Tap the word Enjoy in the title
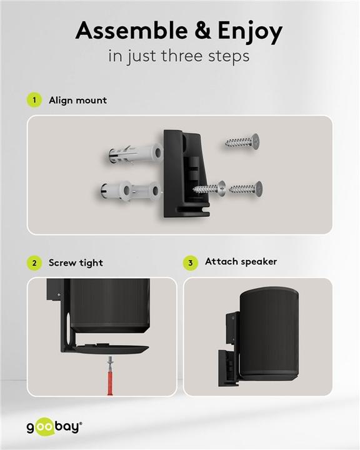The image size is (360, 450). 250,32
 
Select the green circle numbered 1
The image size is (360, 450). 34,100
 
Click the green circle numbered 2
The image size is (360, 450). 34,263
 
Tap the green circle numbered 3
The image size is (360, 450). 191,262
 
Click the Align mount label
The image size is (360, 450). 77,100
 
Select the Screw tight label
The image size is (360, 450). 76,263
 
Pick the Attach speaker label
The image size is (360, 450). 241,262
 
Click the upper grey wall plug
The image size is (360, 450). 134,154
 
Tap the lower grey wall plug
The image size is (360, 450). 129,191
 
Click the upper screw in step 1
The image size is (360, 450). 242,141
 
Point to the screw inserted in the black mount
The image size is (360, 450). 209,188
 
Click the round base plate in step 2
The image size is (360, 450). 112,348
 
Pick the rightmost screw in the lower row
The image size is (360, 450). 246,189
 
